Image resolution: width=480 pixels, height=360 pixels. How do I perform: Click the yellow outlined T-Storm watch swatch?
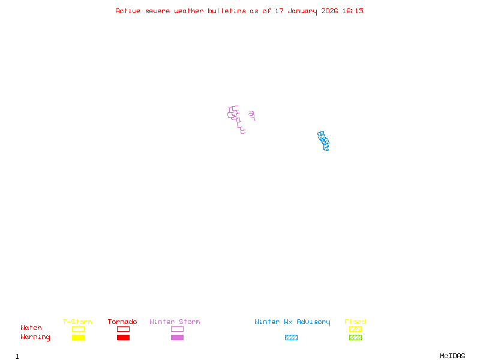tap(78, 329)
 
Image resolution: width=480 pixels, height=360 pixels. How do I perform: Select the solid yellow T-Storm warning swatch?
tap(78, 337)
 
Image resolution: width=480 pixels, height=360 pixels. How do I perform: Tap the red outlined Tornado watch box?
tap(123, 329)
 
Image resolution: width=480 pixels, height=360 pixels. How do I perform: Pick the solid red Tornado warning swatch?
tap(123, 337)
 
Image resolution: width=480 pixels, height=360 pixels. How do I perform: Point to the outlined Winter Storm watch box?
tap(177, 329)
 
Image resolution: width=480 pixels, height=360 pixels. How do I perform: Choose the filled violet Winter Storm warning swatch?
tap(177, 337)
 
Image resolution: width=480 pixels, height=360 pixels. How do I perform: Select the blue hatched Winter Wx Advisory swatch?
tap(291, 337)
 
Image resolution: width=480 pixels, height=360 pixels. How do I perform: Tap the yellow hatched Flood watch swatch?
tap(355, 329)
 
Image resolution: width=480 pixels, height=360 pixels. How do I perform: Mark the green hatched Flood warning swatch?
tap(355, 337)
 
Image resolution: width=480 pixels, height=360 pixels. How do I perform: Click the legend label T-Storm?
tap(77, 322)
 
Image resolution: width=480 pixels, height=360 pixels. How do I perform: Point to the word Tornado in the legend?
tap(122, 322)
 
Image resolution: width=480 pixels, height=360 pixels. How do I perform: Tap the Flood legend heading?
tap(355, 322)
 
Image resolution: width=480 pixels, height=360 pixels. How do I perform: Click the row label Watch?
tap(31, 328)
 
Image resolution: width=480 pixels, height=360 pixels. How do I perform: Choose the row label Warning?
tap(35, 337)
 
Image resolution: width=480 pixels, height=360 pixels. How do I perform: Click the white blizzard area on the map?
tap(247, 119)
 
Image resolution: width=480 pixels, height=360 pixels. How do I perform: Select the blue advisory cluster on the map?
tap(323, 141)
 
